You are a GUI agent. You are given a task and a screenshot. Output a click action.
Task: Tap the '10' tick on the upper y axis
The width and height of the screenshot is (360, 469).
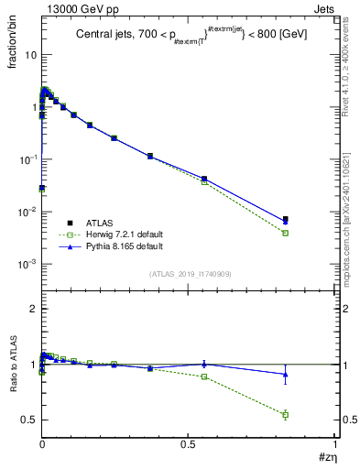[x=29, y=54]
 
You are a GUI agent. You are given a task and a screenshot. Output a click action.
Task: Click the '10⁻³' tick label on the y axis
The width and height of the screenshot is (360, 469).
[x=27, y=264]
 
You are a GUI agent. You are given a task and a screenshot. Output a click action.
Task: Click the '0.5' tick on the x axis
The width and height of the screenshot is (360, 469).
[x=189, y=445]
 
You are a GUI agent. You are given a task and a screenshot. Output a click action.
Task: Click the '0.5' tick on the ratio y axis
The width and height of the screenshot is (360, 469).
[x=28, y=420]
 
